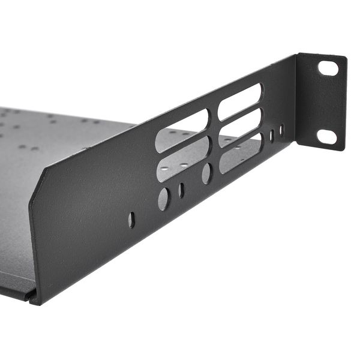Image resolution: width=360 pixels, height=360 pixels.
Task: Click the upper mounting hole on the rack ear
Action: point(328,68)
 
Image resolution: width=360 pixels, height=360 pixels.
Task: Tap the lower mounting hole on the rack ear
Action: point(326,136)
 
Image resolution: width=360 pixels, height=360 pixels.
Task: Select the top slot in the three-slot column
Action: point(240,101)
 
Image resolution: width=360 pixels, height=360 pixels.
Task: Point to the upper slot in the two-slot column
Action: point(182,130)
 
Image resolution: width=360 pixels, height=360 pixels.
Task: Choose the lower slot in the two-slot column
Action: point(182,157)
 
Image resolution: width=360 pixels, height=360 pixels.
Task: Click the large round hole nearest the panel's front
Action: point(163,199)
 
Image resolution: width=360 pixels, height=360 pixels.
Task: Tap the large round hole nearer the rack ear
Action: point(206,174)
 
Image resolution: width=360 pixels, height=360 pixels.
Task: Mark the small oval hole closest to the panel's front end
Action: point(131,220)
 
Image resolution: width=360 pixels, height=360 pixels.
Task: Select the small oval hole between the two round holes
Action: point(181,190)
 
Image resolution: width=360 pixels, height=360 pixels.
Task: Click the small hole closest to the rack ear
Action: point(281,130)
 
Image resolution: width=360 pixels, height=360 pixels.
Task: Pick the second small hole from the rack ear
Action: point(271,136)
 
